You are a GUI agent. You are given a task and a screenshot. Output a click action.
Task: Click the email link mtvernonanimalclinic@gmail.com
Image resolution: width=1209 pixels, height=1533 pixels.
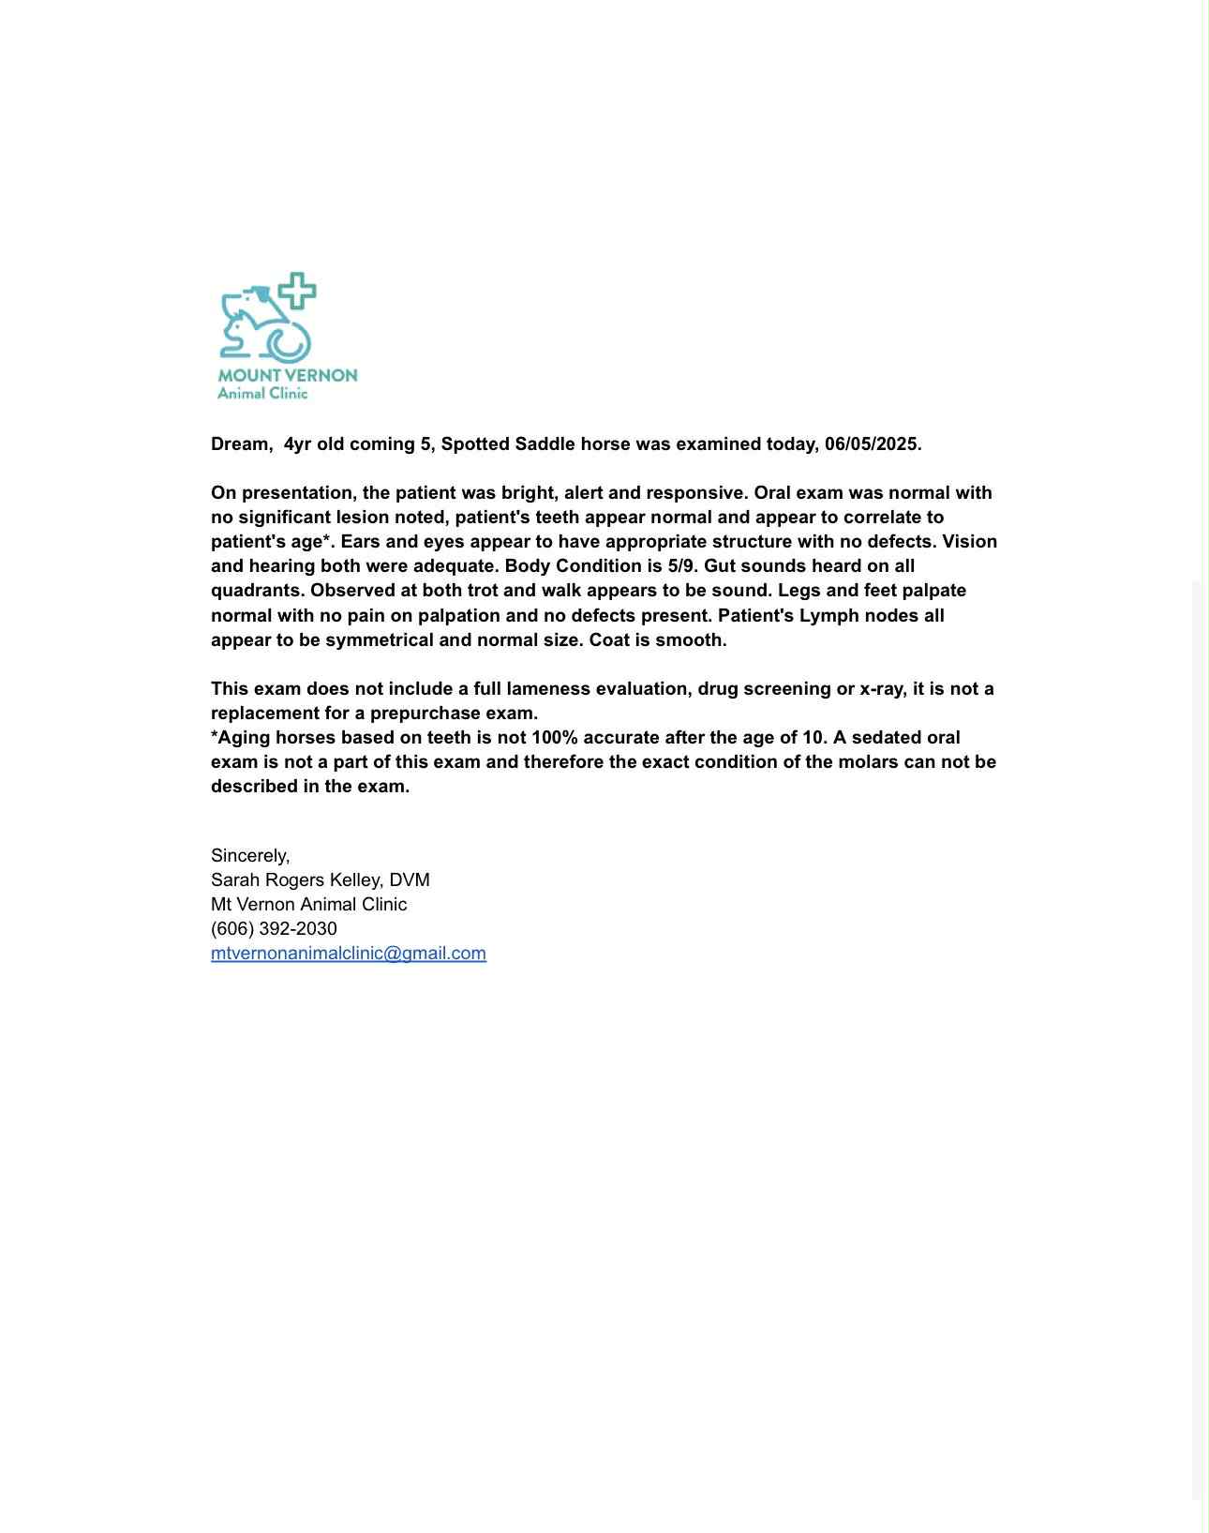click(x=348, y=954)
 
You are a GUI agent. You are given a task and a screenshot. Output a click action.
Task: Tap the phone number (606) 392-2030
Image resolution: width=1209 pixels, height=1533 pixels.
click(x=274, y=929)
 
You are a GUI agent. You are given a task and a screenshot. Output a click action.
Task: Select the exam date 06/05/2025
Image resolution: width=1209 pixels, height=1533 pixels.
click(x=872, y=444)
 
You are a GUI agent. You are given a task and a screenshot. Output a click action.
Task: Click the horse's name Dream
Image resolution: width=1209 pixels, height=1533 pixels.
click(x=240, y=444)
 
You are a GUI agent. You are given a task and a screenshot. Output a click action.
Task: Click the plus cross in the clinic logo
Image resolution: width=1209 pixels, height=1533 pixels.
click(x=296, y=291)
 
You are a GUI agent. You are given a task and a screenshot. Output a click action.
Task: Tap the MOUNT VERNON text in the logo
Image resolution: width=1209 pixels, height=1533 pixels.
click(x=288, y=375)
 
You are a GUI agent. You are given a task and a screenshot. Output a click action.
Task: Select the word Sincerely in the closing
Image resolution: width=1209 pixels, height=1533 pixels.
click(x=249, y=856)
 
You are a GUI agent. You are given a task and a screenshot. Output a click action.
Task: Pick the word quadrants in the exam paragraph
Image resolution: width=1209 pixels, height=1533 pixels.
click(x=257, y=591)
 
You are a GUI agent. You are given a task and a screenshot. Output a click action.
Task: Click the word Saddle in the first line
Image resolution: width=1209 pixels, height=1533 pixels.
click(x=545, y=444)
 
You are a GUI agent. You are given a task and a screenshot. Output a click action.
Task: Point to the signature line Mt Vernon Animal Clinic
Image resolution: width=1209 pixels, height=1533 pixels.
click(x=308, y=905)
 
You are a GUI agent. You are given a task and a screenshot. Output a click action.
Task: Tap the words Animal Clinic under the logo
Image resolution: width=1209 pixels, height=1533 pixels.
click(x=262, y=394)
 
